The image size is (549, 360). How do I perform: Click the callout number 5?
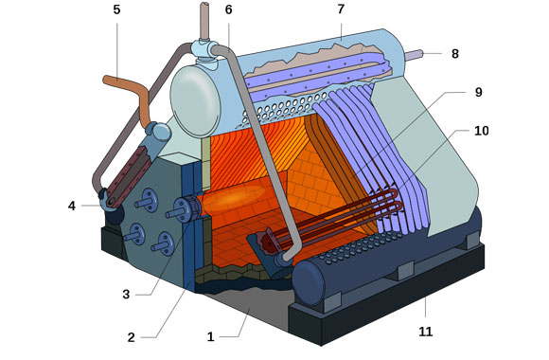116,9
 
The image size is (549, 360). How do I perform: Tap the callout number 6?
228,9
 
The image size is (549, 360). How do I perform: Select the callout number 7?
341,9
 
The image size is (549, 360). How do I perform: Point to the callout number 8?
454,54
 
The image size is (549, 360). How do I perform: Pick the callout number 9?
478,92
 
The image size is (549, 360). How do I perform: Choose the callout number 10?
481,131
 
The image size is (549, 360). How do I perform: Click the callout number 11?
425,332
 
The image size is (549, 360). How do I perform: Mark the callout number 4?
72,206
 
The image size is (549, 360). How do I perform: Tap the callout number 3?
126,295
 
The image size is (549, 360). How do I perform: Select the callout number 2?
131,337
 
